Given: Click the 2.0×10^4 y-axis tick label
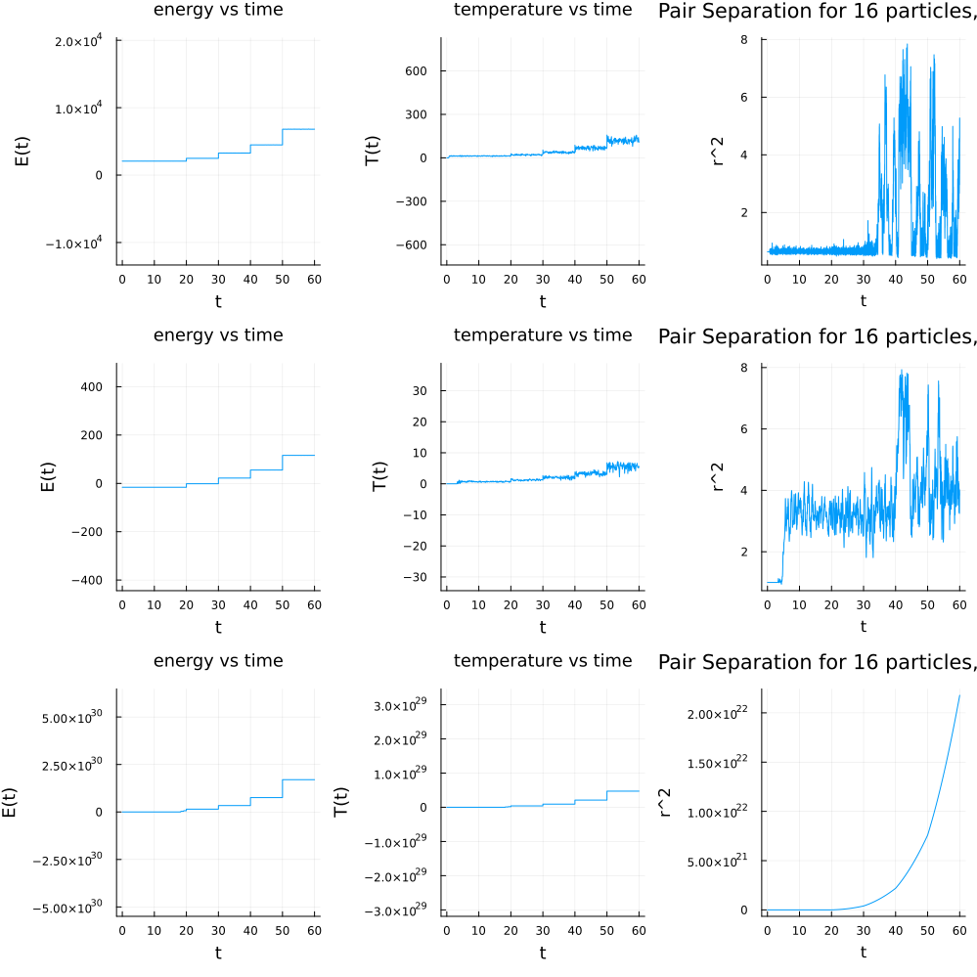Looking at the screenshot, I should point(82,41).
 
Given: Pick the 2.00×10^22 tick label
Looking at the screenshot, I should point(722,714).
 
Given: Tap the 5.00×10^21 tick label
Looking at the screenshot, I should point(722,861).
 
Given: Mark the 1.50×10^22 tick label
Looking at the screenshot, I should point(722,763).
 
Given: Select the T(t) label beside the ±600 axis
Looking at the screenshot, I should point(373,151).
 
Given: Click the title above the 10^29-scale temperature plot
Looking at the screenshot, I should point(543,661).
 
